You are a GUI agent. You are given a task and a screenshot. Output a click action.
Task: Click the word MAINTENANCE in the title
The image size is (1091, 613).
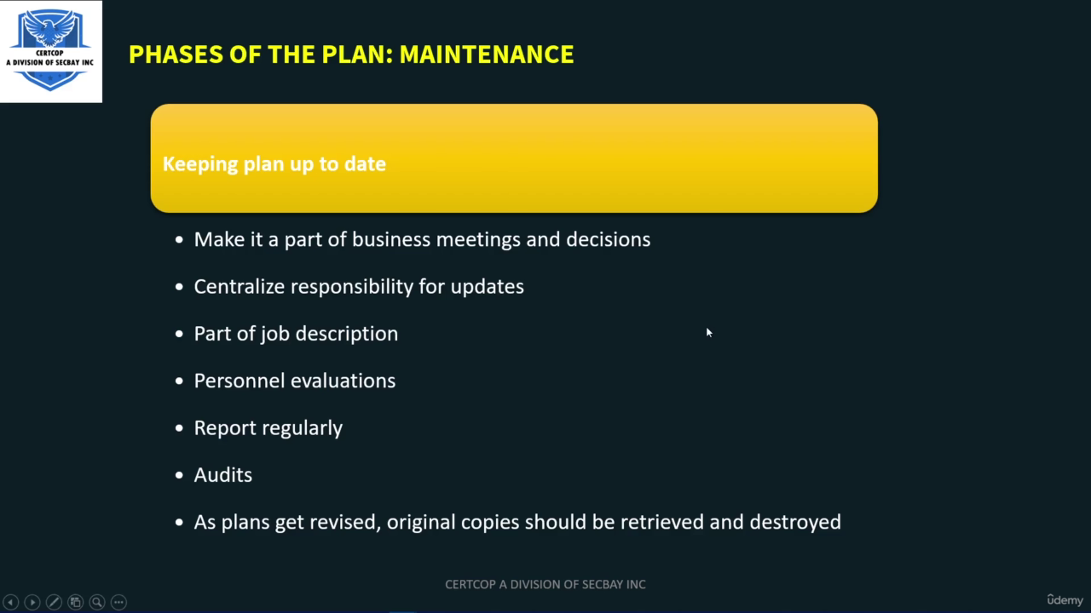(x=487, y=54)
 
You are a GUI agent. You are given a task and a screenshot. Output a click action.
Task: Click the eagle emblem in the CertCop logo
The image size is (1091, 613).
(x=49, y=29)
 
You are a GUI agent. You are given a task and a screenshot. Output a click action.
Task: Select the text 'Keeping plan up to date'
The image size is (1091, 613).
(x=274, y=164)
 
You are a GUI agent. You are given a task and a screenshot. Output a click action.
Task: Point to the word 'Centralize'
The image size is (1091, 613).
(x=240, y=287)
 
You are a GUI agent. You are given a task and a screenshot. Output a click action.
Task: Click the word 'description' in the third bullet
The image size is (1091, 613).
(x=347, y=335)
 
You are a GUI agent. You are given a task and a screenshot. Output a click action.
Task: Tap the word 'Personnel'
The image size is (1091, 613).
(x=240, y=381)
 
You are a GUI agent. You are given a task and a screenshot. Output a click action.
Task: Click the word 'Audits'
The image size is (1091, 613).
(x=223, y=475)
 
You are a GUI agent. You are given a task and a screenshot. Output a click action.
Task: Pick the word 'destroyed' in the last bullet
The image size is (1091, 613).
(x=795, y=523)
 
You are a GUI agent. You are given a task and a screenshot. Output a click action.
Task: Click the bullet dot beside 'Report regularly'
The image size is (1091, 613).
(x=179, y=428)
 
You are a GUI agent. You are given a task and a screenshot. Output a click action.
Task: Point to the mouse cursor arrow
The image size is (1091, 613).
(x=709, y=333)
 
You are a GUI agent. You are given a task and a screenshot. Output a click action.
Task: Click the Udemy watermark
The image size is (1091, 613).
(x=1065, y=600)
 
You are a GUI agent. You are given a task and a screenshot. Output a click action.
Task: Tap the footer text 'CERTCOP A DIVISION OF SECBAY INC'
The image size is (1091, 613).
(x=545, y=584)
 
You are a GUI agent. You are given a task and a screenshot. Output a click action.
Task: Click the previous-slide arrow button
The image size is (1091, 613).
(x=11, y=602)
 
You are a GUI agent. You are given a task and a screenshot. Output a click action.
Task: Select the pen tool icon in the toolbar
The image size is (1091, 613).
(x=54, y=602)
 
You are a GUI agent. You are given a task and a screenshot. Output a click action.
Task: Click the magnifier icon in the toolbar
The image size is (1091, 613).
(x=97, y=602)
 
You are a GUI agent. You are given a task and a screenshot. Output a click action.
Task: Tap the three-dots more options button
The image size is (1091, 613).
(x=118, y=602)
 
